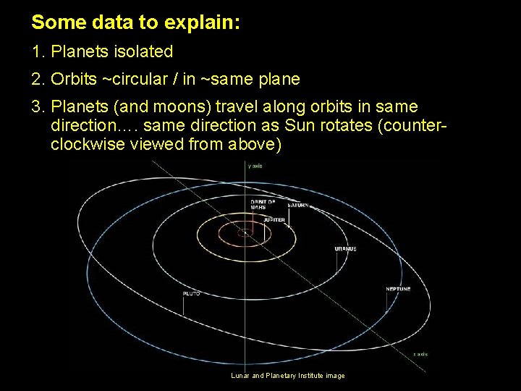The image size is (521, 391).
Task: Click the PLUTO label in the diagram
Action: (x=191, y=293)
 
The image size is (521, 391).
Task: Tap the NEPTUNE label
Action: (x=398, y=289)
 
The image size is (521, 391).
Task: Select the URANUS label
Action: (x=345, y=248)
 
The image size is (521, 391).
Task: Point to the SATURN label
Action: (x=298, y=205)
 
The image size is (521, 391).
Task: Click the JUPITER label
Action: (x=274, y=219)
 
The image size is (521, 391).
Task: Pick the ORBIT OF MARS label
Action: (x=263, y=204)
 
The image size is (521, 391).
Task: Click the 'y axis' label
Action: (x=255, y=166)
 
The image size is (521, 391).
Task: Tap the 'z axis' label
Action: (x=420, y=354)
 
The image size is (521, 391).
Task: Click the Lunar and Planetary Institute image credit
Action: (x=288, y=375)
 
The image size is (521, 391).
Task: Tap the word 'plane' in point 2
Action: (x=282, y=79)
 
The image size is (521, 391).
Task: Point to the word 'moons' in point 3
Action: (x=185, y=106)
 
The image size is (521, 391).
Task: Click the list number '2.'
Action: (x=38, y=79)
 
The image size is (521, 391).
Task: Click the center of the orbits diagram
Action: (x=245, y=232)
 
